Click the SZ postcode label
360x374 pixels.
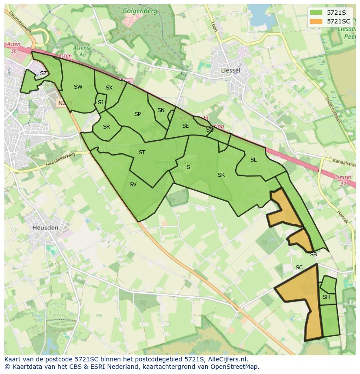tap(43, 73)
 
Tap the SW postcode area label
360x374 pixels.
tap(78, 87)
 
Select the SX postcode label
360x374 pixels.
tap(109, 88)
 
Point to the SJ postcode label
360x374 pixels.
tap(100, 103)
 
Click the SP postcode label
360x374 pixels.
tap(137, 114)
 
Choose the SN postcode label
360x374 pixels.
tap(161, 110)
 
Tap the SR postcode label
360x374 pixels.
tap(107, 127)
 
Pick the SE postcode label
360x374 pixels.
tap(185, 126)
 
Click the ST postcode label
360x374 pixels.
tap(142, 152)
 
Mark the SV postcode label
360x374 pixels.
tap(133, 185)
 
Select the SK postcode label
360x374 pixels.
tap(221, 175)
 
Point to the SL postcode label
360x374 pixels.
tap(253, 160)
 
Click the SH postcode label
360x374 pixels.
tap(326, 297)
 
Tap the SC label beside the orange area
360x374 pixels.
tap(299, 268)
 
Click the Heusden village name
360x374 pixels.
tap(45, 227)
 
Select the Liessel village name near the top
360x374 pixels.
tap(230, 70)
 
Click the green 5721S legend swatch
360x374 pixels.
tap(316, 13)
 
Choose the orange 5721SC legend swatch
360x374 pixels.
tap(316, 21)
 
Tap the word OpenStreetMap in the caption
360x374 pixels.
tap(236, 366)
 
